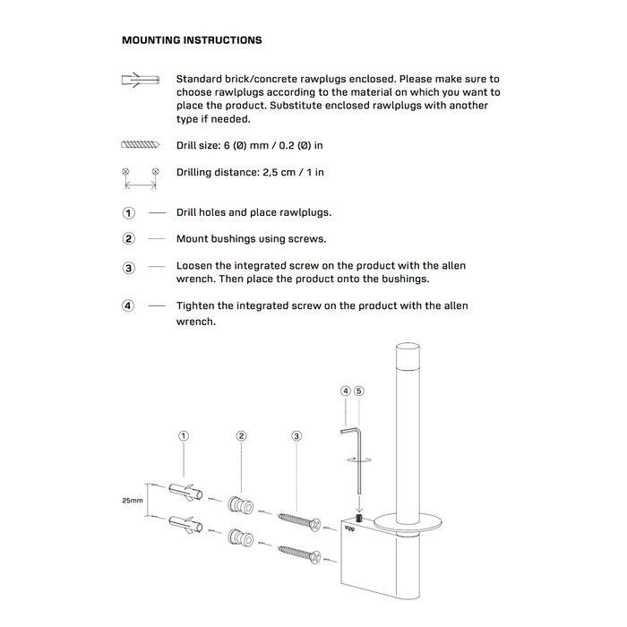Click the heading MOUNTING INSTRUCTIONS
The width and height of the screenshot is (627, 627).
(192, 40)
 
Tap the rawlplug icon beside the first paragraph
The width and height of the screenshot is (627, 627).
(139, 81)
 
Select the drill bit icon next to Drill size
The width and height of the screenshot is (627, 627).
(138, 145)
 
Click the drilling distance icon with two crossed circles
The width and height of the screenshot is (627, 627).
(140, 177)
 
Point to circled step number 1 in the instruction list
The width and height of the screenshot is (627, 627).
(129, 213)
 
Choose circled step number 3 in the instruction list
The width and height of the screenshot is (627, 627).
(129, 268)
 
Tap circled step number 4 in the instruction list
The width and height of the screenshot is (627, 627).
(129, 306)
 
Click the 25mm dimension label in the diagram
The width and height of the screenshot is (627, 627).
(132, 502)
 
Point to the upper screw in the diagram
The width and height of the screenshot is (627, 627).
(299, 521)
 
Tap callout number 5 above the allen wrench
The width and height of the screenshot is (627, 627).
(359, 391)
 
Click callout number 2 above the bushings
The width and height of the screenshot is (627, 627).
(241, 436)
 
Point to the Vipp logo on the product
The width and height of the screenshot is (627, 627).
(349, 528)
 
